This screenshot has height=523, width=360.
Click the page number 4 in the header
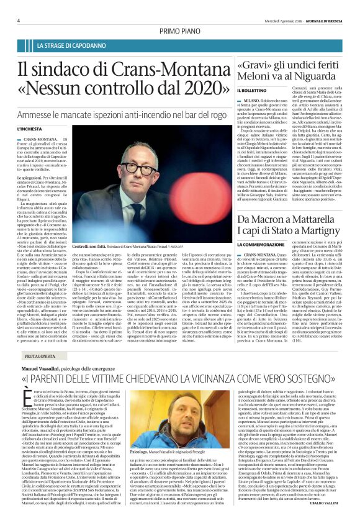19,20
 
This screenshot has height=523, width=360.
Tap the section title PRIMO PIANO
180,30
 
